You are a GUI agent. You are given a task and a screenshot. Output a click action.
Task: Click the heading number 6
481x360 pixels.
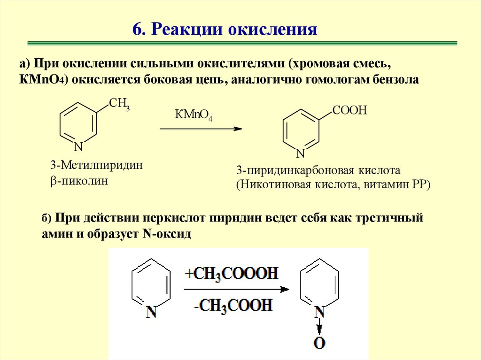click(137, 30)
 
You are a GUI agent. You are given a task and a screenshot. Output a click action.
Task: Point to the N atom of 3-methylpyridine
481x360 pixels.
click(78, 147)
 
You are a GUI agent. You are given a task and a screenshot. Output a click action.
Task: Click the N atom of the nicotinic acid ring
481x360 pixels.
click(301, 153)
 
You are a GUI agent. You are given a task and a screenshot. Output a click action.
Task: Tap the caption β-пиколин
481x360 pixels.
click(79, 181)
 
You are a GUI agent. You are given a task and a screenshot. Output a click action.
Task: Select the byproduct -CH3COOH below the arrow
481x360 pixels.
click(232, 305)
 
